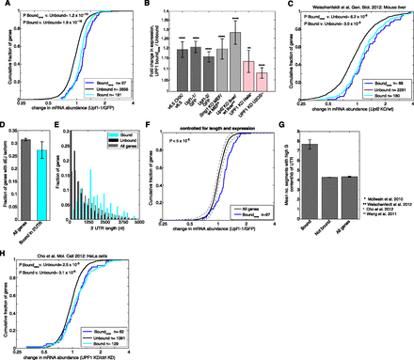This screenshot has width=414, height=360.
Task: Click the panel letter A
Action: (5, 5)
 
